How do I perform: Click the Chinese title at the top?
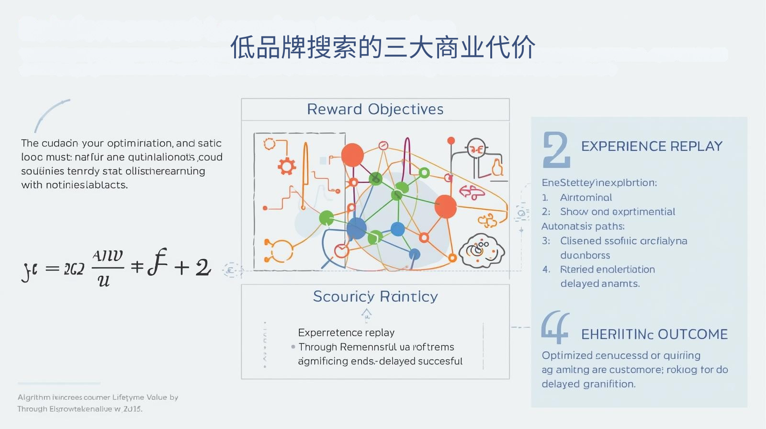pyautogui.click(x=383, y=47)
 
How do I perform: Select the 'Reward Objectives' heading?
pyautogui.click(x=375, y=109)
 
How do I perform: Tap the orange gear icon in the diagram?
pyautogui.click(x=286, y=166)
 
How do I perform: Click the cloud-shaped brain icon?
pyautogui.click(x=482, y=250)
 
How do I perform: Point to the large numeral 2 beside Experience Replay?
pyautogui.click(x=556, y=150)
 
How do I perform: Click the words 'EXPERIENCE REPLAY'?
pyautogui.click(x=652, y=146)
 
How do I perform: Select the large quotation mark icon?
pyautogui.click(x=555, y=327)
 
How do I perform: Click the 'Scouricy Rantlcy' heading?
pyautogui.click(x=375, y=296)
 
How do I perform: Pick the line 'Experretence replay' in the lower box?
pyautogui.click(x=346, y=332)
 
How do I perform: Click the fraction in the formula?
pyautogui.click(x=107, y=268)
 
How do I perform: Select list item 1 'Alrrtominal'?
pyautogui.click(x=586, y=197)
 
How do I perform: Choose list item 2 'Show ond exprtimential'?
pyautogui.click(x=617, y=212)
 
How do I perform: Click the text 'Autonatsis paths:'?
pyautogui.click(x=583, y=226)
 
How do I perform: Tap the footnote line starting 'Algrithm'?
pyautogui.click(x=98, y=397)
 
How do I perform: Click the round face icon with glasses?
pyautogui.click(x=476, y=149)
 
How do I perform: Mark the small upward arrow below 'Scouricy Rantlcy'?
pyautogui.click(x=366, y=314)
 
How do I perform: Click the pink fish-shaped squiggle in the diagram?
pyautogui.click(x=472, y=192)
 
